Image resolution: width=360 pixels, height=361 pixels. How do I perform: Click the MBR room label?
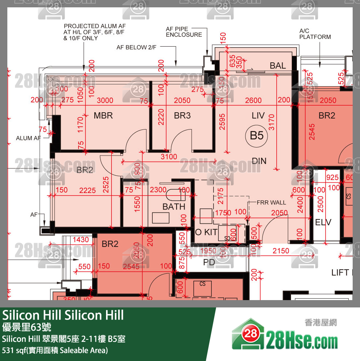click(103, 116)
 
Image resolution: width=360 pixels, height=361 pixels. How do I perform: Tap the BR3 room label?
click(182, 116)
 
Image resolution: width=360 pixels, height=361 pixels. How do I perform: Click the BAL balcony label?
click(278, 66)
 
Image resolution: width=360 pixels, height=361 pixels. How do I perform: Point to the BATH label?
click(174, 207)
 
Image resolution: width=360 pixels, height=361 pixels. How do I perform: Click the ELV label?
click(323, 222)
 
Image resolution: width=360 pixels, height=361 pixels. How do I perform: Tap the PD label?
click(209, 263)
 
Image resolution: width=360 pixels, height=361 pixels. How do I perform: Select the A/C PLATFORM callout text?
click(315, 34)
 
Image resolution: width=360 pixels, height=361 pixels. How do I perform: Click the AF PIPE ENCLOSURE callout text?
click(184, 32)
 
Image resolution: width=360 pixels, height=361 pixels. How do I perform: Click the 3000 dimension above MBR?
click(105, 101)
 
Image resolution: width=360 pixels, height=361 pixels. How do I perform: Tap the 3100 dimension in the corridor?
click(169, 157)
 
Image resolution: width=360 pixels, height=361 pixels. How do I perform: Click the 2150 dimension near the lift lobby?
click(281, 251)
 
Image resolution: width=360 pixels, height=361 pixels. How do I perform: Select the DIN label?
click(259, 161)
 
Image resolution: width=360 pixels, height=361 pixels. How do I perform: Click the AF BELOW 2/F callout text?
click(137, 47)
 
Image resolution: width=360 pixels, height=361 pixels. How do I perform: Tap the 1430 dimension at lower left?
click(81, 240)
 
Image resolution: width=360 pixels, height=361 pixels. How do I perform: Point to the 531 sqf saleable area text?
click(55, 350)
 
